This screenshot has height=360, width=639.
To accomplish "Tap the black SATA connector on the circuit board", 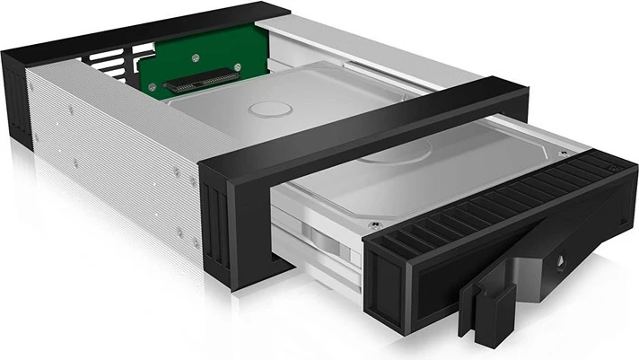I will [x=199, y=80].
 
